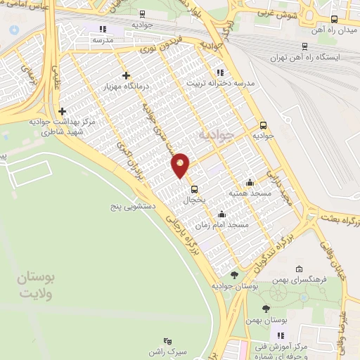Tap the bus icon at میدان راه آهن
tap(334, 20)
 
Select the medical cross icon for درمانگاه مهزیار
tap(126, 75)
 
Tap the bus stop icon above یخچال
tap(194, 188)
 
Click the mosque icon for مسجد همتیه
tap(250, 181)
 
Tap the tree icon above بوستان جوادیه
tap(233, 275)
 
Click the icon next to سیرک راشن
tap(167, 341)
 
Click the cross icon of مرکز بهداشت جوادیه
tap(63, 111)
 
